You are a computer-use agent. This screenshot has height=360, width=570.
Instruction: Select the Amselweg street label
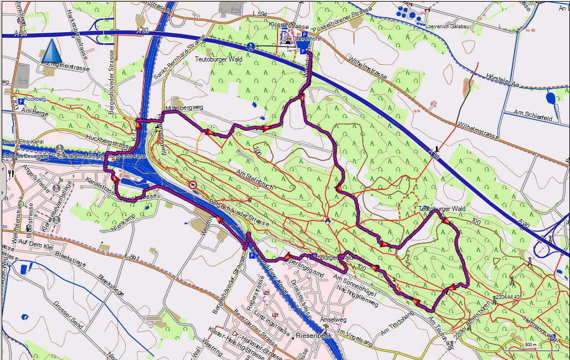point(333,320)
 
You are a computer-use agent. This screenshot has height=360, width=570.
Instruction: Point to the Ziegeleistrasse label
point(69,68)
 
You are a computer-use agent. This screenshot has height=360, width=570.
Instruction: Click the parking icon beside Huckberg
point(21,101)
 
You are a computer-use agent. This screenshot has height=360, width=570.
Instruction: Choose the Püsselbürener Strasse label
point(341,20)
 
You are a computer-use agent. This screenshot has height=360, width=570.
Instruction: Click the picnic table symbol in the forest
point(328,220)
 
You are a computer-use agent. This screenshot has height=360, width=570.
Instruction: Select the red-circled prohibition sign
point(192,184)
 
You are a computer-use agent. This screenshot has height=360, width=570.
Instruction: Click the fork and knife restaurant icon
point(11,173)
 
